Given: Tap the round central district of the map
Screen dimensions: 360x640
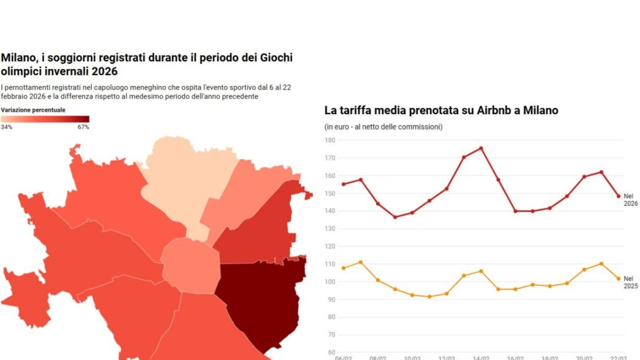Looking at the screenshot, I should (190, 266).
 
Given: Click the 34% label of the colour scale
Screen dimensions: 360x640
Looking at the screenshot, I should (6, 127).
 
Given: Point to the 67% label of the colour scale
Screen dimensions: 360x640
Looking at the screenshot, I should (83, 127).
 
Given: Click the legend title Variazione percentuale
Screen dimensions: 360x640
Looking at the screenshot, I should (33, 110).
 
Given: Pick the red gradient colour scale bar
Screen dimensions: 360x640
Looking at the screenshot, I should (45, 119).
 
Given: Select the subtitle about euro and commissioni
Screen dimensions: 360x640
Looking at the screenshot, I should (383, 127).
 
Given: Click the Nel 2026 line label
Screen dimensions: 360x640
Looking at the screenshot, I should (630, 199).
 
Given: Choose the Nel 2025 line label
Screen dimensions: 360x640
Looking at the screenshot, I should (630, 282).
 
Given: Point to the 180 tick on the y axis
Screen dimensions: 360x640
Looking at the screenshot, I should (330, 140).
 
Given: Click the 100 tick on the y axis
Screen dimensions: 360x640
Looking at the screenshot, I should (330, 282).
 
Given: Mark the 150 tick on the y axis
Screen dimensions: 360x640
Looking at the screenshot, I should (330, 194).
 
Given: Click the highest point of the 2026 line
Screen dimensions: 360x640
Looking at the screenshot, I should (481, 148).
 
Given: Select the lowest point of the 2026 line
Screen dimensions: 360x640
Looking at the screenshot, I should (395, 217).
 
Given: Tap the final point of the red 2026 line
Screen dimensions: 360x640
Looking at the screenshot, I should (619, 196).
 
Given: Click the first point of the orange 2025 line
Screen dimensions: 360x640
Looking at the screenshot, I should (343, 268).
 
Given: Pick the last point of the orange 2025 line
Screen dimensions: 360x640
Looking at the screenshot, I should (619, 278).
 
